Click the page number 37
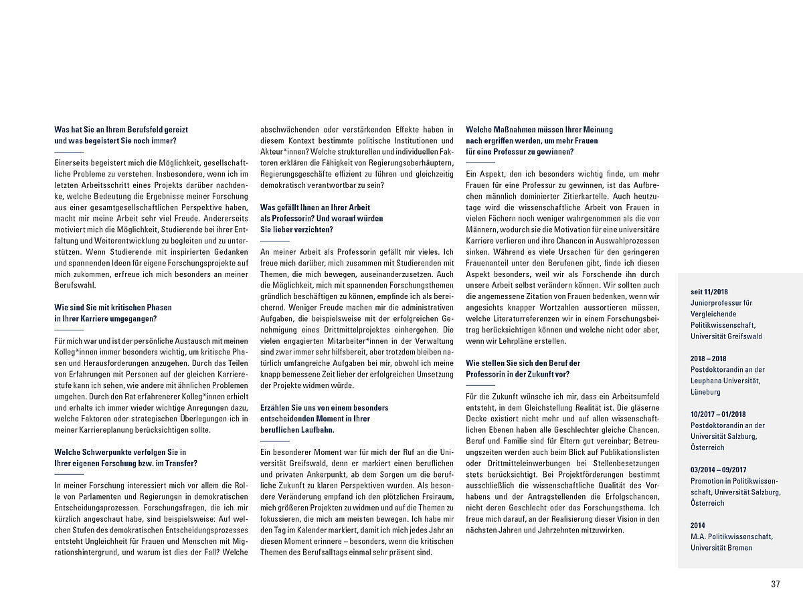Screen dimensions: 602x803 (x=775, y=584)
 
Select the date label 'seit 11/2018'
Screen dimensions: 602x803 (x=709, y=292)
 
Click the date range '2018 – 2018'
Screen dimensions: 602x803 (x=709, y=359)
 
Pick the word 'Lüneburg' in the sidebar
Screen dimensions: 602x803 (x=706, y=392)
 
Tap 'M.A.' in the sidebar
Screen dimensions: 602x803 (x=698, y=536)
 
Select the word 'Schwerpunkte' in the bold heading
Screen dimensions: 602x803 (x=108, y=452)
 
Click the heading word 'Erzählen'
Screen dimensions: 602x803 (x=274, y=407)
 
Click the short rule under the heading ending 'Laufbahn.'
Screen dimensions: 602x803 (x=274, y=441)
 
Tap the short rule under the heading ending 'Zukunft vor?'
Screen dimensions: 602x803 (x=480, y=385)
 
